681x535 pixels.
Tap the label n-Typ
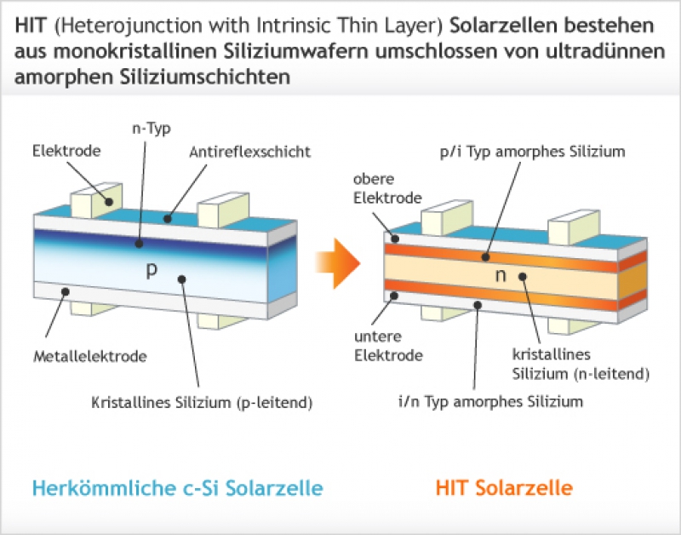coord(152,129)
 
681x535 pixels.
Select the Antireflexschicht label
coord(250,152)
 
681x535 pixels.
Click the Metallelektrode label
coord(90,356)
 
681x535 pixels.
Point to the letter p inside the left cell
coord(152,270)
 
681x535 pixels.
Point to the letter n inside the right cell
coord(501,275)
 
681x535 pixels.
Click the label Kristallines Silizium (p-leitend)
coord(202,402)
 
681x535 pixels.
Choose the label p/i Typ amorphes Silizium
coord(533,152)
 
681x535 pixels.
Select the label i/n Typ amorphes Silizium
coord(491,401)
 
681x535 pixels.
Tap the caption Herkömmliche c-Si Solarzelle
coord(178,487)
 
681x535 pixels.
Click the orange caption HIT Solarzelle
coord(504,487)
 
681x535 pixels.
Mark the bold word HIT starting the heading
coord(31,26)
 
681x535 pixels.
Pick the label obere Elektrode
coord(387,188)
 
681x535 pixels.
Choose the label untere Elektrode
coord(388,346)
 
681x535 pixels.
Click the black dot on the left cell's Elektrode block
coord(109,202)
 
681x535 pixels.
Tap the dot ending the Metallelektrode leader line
coord(66,291)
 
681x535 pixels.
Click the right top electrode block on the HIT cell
coord(574,227)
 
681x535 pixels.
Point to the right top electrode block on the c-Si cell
coord(223,210)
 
